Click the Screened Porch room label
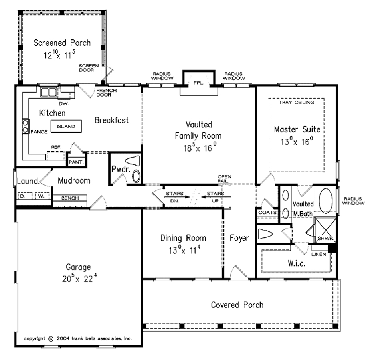click(62, 43)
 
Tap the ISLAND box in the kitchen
click(66, 126)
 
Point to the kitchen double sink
click(49, 92)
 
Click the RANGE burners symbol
click(25, 126)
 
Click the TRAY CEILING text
click(296, 102)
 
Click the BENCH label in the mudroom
click(70, 198)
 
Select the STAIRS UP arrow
click(216, 197)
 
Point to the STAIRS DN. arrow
click(177, 197)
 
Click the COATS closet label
click(267, 212)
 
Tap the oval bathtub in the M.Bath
click(326, 201)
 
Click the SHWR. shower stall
click(325, 230)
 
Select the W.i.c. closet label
click(296, 263)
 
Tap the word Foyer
click(239, 238)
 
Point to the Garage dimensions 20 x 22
click(80, 278)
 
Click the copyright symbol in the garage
click(51, 339)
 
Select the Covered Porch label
click(237, 305)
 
